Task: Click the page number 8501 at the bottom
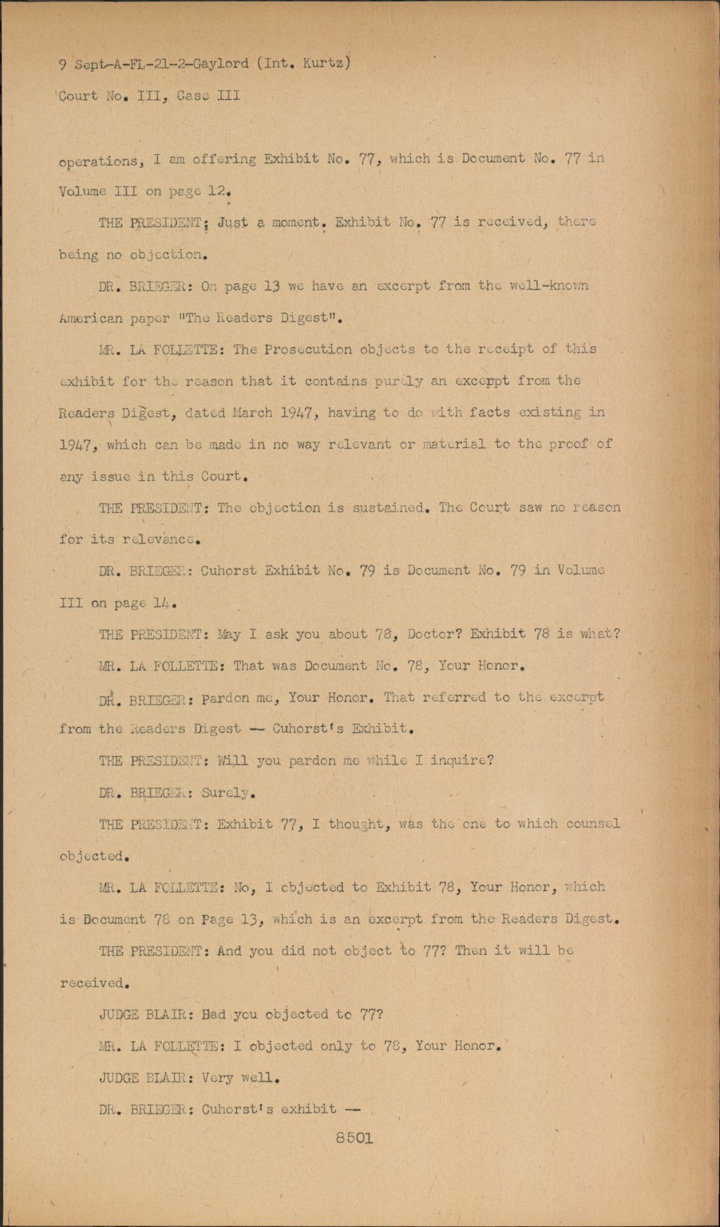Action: (353, 1139)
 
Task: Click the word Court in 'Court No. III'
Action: (79, 96)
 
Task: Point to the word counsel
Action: (593, 824)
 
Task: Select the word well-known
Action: (549, 286)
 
